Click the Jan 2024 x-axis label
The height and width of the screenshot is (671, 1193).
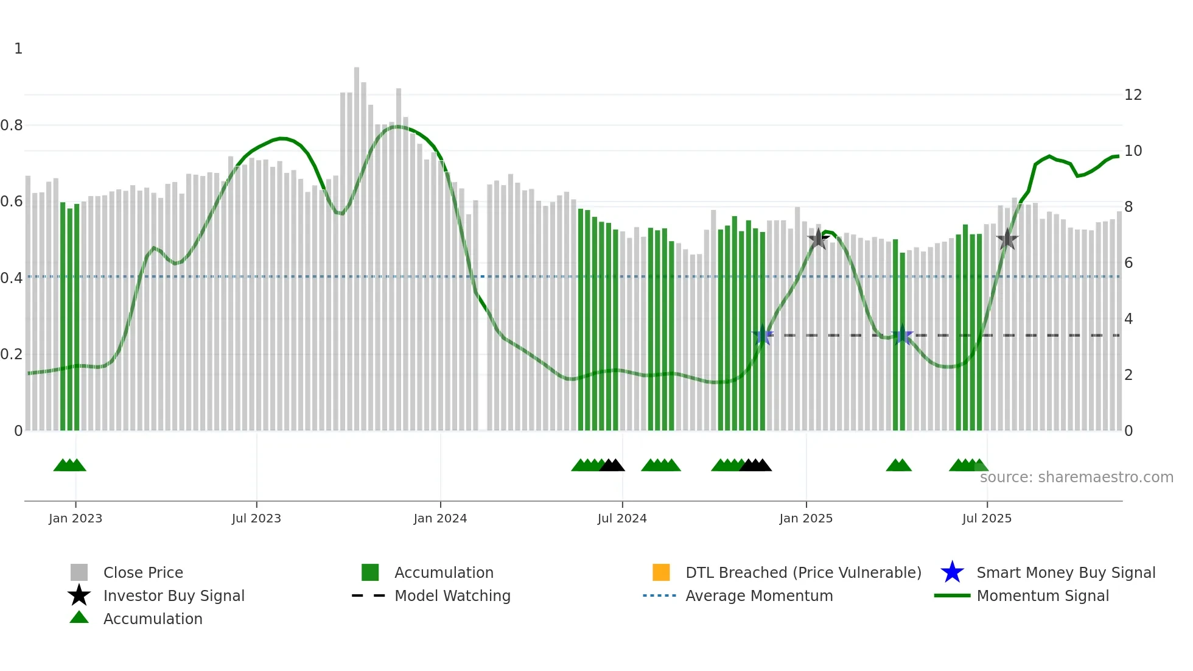[440, 518]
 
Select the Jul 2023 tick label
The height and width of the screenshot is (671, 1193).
[256, 518]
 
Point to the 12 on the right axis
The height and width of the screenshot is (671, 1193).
[1133, 95]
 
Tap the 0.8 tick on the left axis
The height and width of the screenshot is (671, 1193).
[12, 125]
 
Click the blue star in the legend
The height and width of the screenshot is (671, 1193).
[952, 572]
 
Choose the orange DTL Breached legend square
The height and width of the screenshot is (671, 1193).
[661, 572]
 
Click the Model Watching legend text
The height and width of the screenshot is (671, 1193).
[452, 595]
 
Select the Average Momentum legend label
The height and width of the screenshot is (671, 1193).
[759, 595]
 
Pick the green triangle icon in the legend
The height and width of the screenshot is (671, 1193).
[79, 617]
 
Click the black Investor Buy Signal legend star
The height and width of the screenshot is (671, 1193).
[79, 595]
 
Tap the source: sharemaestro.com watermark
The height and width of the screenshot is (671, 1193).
[1076, 477]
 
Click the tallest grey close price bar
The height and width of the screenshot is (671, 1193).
[357, 244]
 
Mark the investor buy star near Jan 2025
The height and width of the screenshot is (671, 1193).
[818, 239]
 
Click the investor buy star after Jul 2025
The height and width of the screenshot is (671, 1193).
[1007, 239]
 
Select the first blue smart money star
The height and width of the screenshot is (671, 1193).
[762, 335]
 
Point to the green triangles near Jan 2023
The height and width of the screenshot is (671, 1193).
[69, 465]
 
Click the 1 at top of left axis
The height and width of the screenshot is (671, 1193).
[18, 49]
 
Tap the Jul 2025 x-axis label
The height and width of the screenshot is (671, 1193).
[987, 518]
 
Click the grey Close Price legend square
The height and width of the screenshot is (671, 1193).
[79, 572]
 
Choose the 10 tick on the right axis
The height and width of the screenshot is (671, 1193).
[1133, 151]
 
